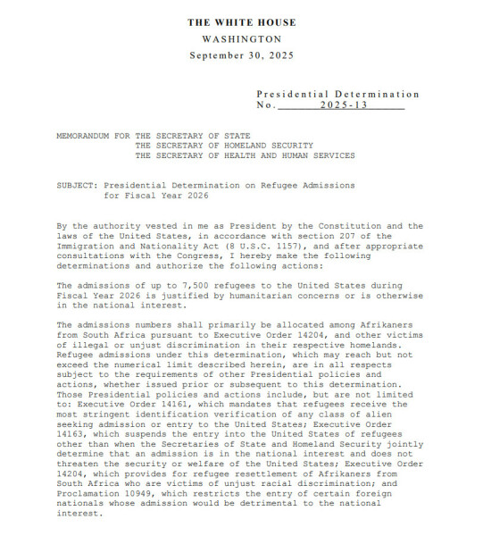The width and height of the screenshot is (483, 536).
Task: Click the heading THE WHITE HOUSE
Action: tap(241, 22)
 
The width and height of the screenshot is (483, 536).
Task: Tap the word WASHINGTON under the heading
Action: tap(241, 39)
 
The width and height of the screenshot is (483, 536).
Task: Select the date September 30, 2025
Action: tap(241, 55)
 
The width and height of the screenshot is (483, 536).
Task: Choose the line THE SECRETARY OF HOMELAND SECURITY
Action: tap(224, 145)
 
